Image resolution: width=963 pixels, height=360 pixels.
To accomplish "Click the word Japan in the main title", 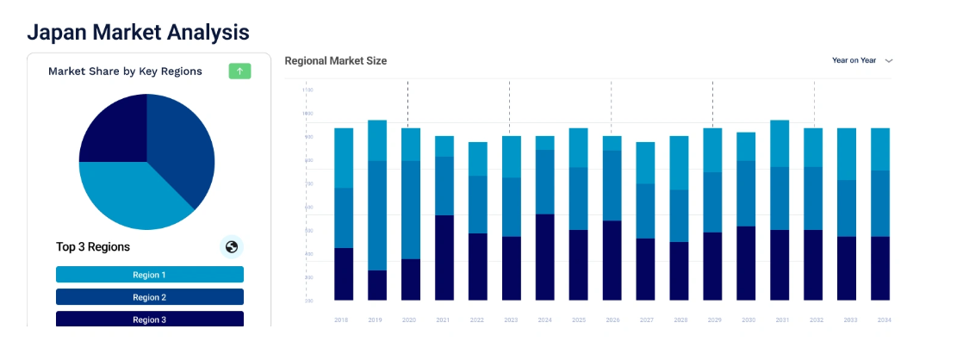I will (x=57, y=32).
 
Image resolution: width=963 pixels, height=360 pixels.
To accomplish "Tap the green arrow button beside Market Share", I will (x=239, y=71).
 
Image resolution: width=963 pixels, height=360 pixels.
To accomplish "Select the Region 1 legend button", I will (x=150, y=275).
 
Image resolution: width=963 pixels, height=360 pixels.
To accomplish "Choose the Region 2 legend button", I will (x=150, y=297).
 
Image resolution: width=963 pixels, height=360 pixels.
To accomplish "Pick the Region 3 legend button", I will (x=150, y=319).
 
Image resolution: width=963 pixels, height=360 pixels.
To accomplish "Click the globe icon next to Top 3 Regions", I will (x=231, y=247).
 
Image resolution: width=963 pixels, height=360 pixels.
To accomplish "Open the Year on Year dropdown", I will (x=862, y=60).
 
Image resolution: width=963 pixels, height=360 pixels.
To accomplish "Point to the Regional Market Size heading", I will (x=336, y=61).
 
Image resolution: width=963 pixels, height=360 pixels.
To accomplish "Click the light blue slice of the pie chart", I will (x=129, y=194).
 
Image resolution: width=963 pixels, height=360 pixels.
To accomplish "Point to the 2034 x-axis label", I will (x=884, y=320).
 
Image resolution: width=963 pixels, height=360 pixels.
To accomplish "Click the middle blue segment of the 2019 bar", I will (x=377, y=215).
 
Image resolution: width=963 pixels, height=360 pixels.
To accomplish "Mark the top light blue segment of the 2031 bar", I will (x=780, y=143).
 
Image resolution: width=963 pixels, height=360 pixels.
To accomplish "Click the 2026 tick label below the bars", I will (x=612, y=320).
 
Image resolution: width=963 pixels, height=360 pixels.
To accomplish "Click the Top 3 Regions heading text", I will (x=93, y=247).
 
